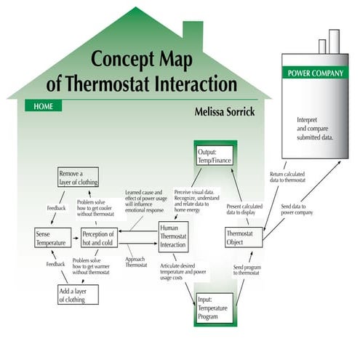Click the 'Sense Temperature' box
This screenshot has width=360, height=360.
click(x=50, y=238)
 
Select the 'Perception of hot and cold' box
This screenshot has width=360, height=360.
click(x=99, y=238)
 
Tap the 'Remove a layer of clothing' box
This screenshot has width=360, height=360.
click(x=78, y=177)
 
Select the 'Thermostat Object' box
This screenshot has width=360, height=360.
click(x=244, y=238)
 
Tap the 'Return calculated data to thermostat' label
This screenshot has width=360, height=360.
click(x=289, y=178)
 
